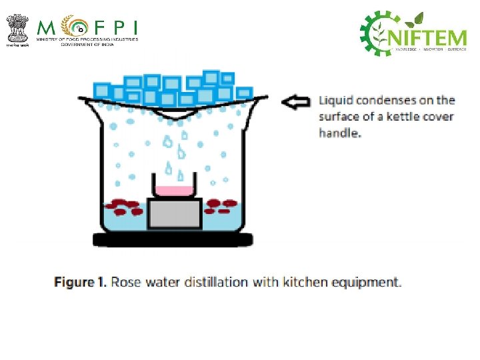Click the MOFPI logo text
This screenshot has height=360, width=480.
pos(87,28)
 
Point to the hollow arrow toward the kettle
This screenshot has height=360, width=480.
pos(296,102)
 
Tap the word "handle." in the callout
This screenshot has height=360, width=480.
pos(339,133)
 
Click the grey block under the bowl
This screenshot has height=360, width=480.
pos(175,213)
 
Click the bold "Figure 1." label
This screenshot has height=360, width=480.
pos(80,282)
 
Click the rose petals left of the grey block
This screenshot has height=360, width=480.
pos(127,207)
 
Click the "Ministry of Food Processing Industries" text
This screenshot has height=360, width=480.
pos(87,41)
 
